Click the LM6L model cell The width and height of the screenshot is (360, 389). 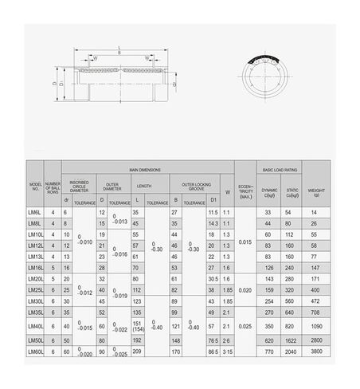[x=35, y=213]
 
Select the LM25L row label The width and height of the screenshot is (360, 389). [x=35, y=291]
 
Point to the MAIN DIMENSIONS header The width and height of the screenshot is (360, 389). [x=144, y=171]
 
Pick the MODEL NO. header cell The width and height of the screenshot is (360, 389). [x=35, y=190]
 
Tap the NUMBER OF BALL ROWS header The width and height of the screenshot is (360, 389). [x=53, y=190]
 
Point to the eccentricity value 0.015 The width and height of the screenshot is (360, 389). [x=245, y=242]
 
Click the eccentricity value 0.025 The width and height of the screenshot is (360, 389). [x=245, y=326]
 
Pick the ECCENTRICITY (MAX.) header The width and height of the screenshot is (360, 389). [x=245, y=190]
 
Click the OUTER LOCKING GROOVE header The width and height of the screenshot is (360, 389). [x=195, y=186]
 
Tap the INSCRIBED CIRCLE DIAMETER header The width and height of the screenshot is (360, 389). [x=79, y=186]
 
